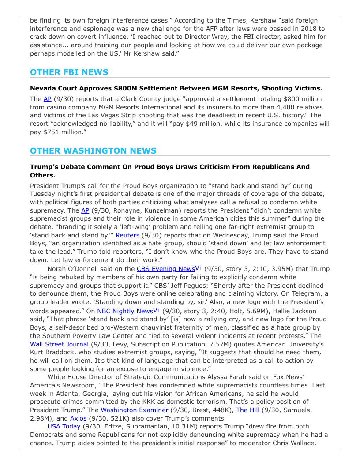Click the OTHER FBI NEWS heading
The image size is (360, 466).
[69, 72]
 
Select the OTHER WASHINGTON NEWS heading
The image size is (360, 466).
[93, 151]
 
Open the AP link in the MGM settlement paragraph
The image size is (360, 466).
[47, 99]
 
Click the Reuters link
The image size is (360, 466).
[127, 235]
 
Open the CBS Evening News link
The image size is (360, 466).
[165, 269]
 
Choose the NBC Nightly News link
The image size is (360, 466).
[125, 311]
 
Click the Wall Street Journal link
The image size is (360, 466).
[59, 344]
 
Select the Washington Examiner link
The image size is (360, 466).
[134, 410]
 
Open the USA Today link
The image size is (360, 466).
[64, 426]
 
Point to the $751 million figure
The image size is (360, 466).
[62, 132]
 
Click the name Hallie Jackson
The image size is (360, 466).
[302, 311]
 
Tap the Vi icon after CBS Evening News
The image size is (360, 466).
[198, 268]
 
